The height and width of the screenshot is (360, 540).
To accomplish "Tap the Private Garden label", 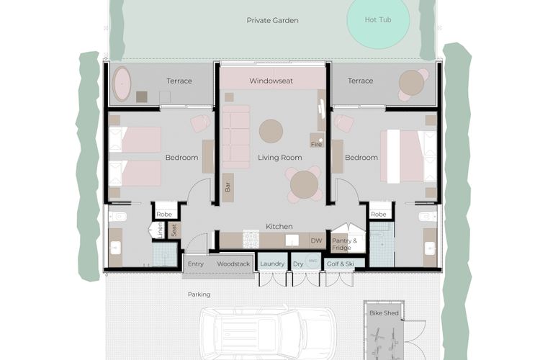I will [x=272, y=20].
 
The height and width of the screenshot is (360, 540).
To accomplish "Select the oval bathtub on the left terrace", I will [x=122, y=84].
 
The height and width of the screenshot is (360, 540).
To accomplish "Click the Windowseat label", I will [x=271, y=81].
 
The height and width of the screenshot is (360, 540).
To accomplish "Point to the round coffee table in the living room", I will [x=271, y=131].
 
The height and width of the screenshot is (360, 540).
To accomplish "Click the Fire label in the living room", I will [x=315, y=144].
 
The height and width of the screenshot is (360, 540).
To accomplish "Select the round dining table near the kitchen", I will [x=303, y=185].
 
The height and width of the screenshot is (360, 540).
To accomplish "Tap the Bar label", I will [x=228, y=186].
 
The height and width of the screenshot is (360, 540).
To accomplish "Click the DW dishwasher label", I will [x=315, y=240].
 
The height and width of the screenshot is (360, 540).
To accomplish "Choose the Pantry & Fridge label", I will [x=341, y=244].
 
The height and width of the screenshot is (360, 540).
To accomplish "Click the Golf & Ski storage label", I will [x=340, y=264].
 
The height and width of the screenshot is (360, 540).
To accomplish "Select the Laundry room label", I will [x=271, y=264].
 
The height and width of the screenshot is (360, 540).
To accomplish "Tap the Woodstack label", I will [x=233, y=264].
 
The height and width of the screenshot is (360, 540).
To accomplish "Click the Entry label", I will [x=195, y=264].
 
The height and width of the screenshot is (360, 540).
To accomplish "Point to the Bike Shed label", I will [x=384, y=312].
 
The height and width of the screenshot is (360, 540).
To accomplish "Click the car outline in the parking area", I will [x=267, y=333].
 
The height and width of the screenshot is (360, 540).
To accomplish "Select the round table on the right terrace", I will [x=411, y=84].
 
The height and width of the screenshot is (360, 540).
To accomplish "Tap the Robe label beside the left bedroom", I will [x=165, y=214].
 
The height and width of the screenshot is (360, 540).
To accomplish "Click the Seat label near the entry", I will [x=174, y=230].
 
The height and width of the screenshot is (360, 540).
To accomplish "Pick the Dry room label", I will [x=299, y=264].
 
